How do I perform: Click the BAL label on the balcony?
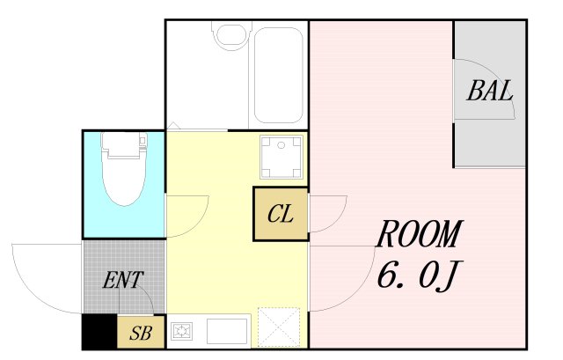[490, 91]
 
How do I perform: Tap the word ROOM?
[419, 234]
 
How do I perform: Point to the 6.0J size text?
[419, 276]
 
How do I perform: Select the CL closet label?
[281, 214]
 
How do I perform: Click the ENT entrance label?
[123, 280]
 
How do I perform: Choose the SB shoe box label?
[141, 333]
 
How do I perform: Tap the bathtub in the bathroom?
[278, 76]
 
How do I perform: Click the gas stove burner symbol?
[182, 331]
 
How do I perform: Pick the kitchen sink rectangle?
[227, 331]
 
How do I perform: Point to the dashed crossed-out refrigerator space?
[279, 327]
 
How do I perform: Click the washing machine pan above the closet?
[281, 157]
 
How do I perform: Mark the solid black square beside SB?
[99, 332]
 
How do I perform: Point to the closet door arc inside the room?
[339, 218]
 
